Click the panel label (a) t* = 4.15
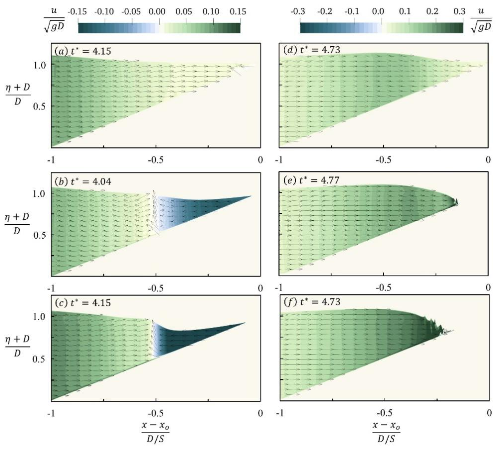(82, 51)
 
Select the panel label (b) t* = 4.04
(83, 181)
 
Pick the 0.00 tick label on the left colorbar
(159, 11)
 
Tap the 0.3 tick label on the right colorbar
(463, 11)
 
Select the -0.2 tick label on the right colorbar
(327, 11)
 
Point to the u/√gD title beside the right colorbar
(480, 20)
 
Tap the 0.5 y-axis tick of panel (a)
(40, 106)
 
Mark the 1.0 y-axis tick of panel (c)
(40, 316)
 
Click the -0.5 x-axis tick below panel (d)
(383, 160)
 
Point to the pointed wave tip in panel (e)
(456, 202)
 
